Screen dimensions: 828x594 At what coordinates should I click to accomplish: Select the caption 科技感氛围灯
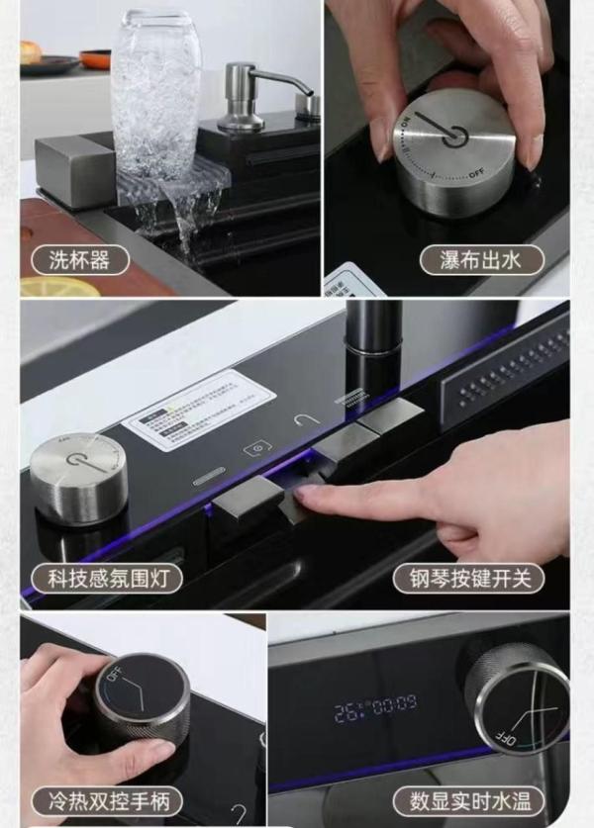coord(108,578)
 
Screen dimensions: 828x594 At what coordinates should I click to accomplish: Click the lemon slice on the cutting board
coord(59,287)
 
